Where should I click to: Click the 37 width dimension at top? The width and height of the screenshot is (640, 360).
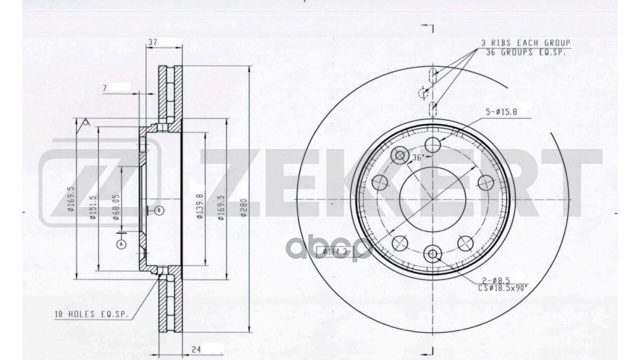click(153, 43)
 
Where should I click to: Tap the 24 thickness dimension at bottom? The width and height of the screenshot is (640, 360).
click(196, 350)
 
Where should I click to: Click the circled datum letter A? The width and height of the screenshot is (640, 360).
click(120, 244)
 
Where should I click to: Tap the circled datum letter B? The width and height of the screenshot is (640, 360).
click(159, 210)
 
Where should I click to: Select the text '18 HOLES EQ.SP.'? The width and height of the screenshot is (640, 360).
click(91, 314)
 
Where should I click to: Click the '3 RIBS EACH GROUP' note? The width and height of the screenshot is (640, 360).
click(525, 43)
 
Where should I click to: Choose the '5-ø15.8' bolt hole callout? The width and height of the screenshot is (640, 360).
click(501, 112)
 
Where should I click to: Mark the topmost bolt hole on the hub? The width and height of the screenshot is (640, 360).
click(432, 145)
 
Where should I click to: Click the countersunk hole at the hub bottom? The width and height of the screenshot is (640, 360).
click(432, 254)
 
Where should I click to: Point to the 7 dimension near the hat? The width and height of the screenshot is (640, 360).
click(105, 88)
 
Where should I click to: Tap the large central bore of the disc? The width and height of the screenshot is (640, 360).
click(432, 199)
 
